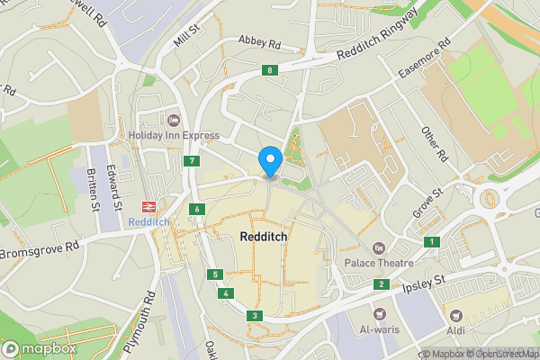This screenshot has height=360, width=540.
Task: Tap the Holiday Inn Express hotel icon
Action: click(x=173, y=120)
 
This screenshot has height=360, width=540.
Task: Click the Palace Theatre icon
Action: click(x=379, y=247)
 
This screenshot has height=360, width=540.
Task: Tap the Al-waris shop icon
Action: click(x=379, y=314)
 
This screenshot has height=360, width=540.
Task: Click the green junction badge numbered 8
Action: click(x=269, y=70)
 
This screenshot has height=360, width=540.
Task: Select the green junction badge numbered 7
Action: click(x=192, y=161)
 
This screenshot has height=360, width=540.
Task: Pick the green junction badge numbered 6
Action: click(x=197, y=210)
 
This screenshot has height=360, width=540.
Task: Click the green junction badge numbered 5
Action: click(x=214, y=274)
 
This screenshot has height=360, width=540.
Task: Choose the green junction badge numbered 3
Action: click(x=256, y=315)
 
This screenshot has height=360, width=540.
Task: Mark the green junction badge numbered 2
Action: click(x=382, y=284)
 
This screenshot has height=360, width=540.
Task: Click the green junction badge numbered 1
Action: click(x=433, y=241)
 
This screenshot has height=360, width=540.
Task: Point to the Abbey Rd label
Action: click(x=259, y=41)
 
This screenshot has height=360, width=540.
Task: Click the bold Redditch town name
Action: click(x=265, y=237)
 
